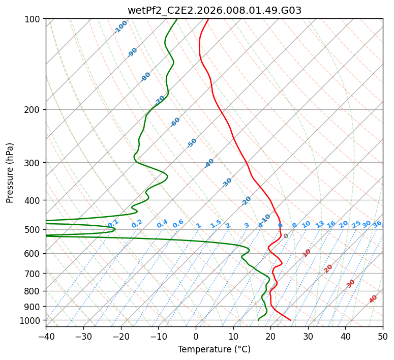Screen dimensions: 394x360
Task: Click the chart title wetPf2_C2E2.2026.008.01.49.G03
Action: click(215, 10)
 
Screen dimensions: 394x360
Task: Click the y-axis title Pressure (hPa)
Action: click(9, 173)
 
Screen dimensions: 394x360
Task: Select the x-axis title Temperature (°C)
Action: click(215, 349)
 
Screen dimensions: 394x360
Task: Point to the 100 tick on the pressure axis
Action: click(32, 19)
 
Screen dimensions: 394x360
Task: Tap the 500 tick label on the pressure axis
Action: click(32, 230)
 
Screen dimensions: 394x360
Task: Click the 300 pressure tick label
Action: click(32, 163)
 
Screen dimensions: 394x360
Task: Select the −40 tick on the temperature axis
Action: click(46, 337)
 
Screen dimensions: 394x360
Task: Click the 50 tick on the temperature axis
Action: click(383, 337)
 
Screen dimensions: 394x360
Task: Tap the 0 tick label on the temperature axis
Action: click(196, 337)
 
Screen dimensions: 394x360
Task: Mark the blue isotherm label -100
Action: click(120, 27)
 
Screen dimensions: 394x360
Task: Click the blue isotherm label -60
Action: click(175, 122)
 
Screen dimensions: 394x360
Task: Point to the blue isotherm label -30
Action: click(227, 183)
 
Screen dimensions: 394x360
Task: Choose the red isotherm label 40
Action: click(373, 299)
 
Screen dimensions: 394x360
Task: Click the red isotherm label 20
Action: click(328, 269)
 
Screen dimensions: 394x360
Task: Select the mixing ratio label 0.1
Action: click(113, 224)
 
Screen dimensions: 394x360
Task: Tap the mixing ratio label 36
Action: click(377, 224)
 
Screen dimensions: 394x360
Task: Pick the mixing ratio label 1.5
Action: click(216, 224)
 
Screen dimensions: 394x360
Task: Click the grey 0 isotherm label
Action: click(286, 236)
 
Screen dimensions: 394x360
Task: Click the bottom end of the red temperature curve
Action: click(290, 320)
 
